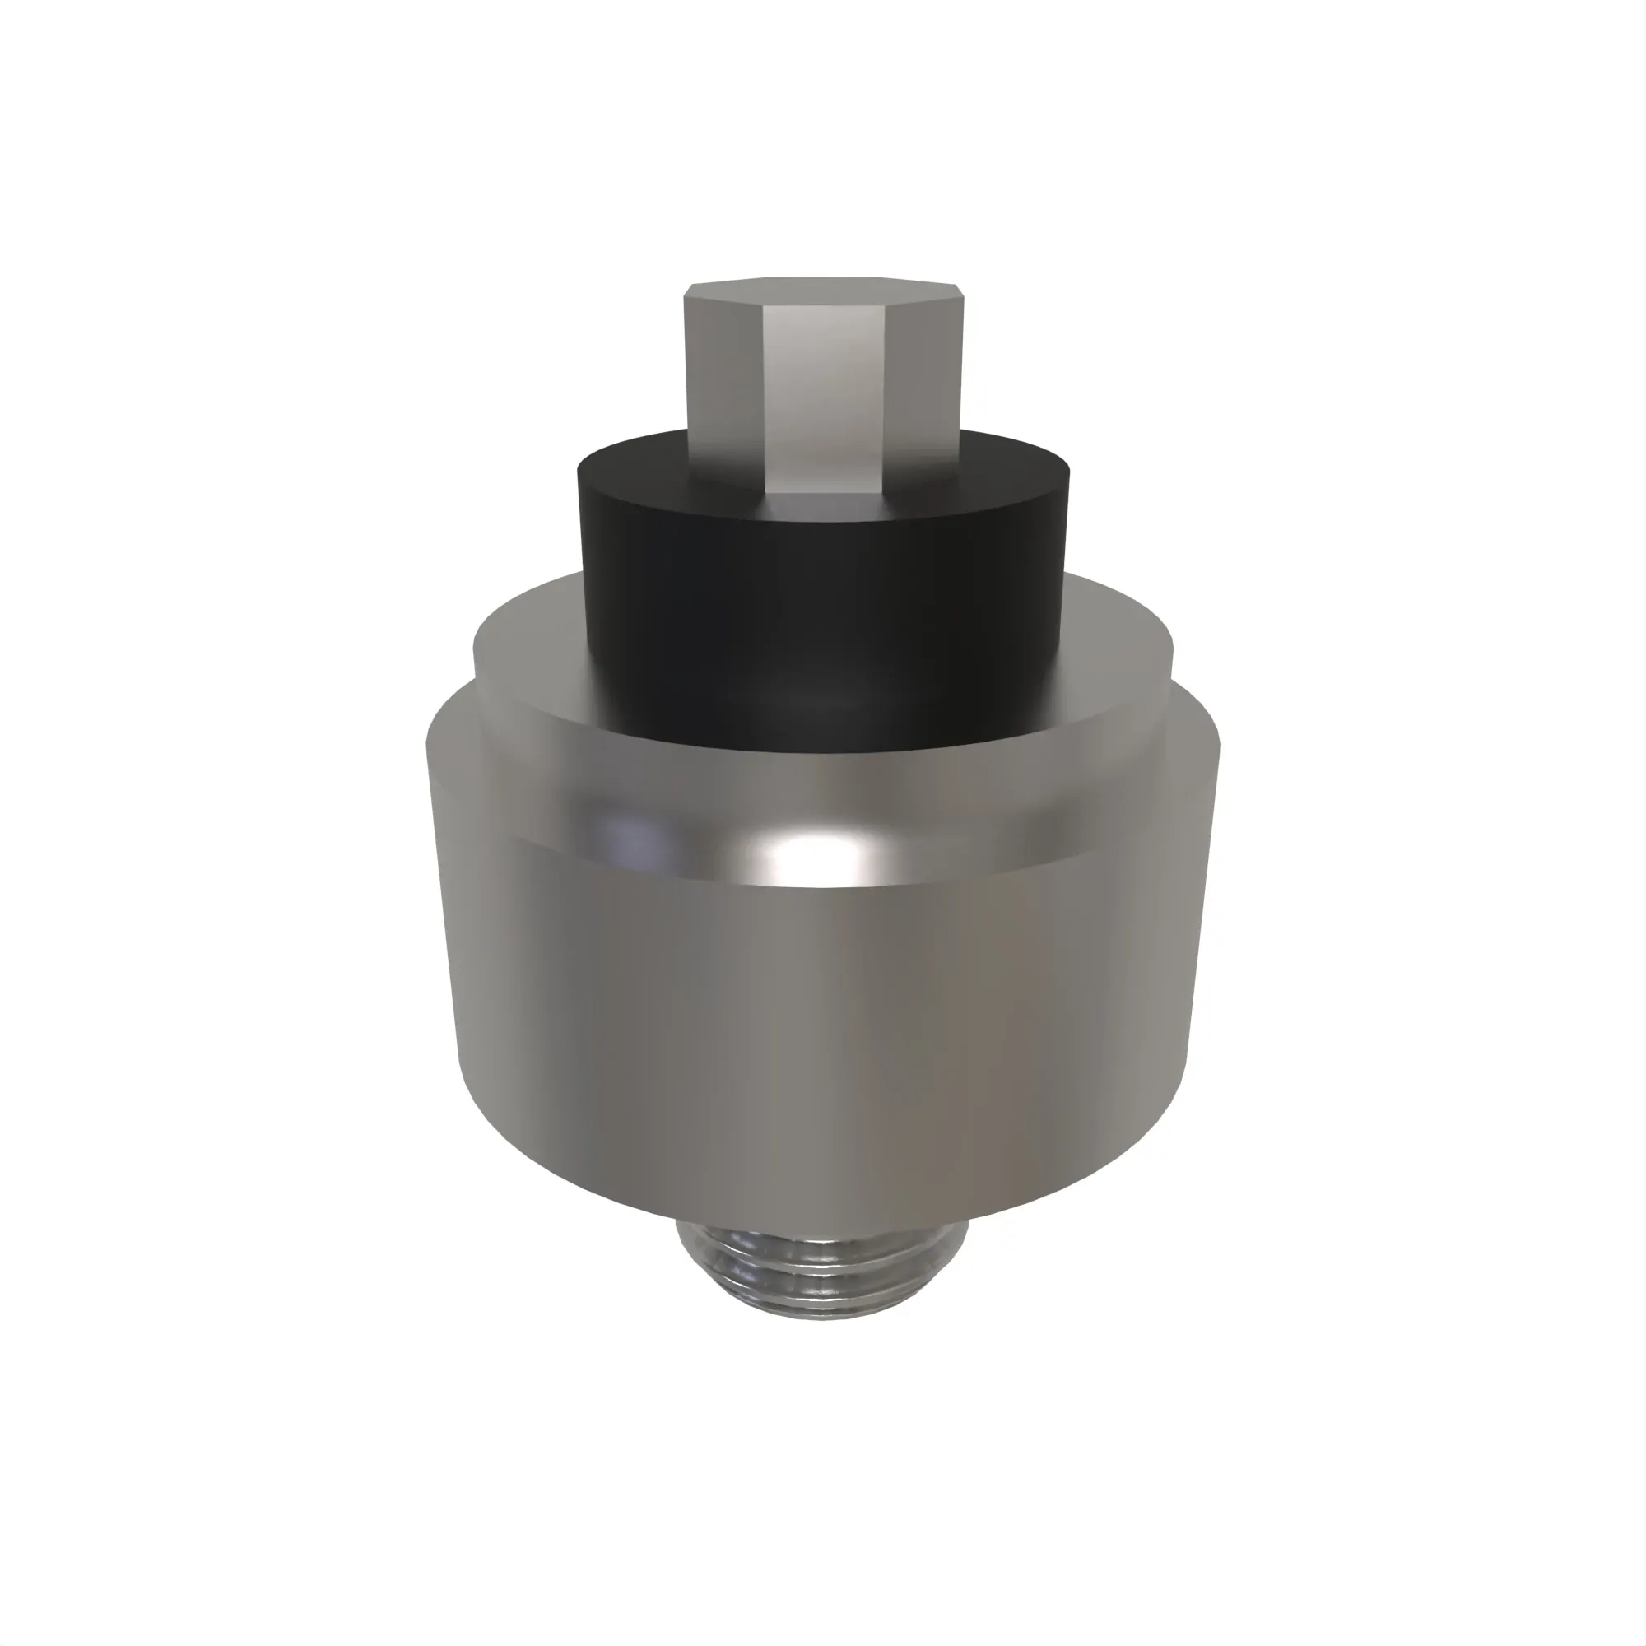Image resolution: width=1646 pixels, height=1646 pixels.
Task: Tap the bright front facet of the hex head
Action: [825, 401]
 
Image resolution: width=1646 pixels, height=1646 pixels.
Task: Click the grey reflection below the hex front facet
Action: [825, 504]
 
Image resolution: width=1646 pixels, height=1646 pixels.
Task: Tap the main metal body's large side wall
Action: [818, 1022]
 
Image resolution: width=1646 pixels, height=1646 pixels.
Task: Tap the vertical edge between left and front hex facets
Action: [765, 401]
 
